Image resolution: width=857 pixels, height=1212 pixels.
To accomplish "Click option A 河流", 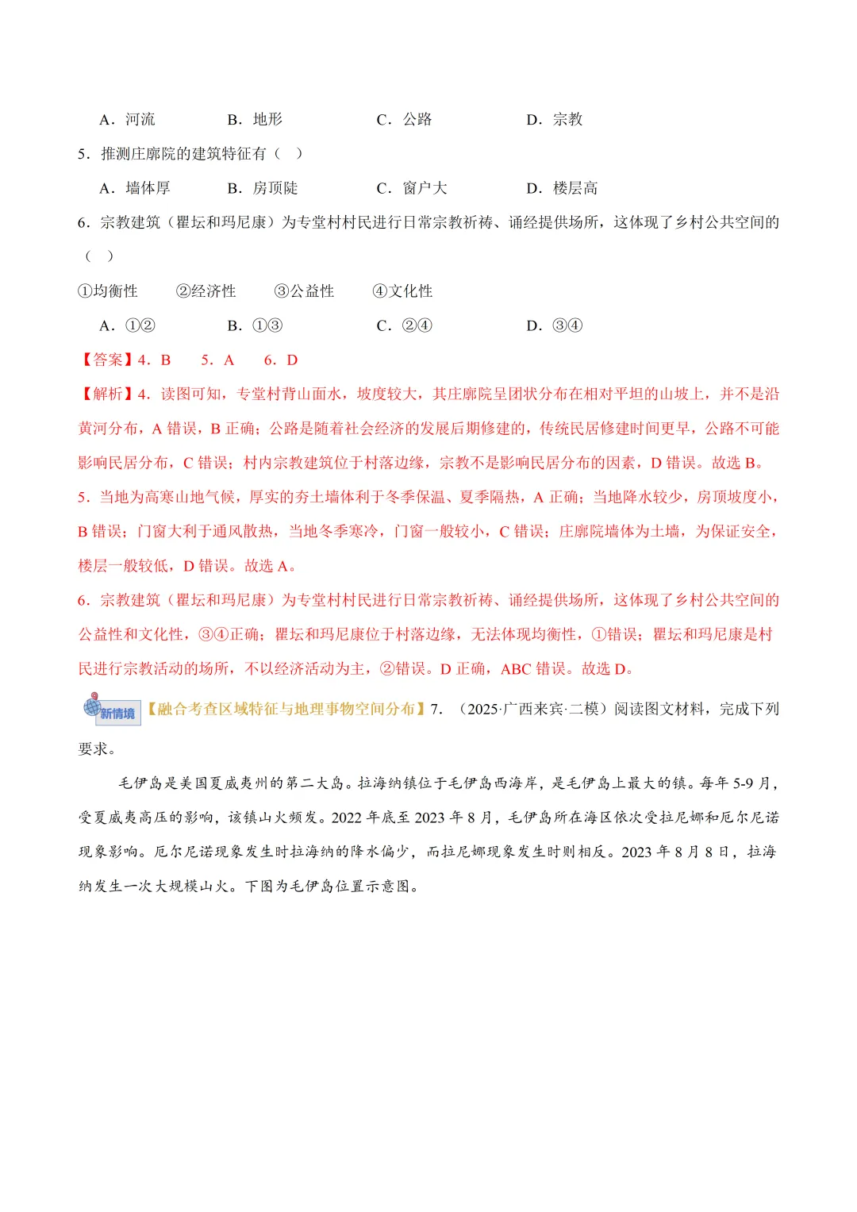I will point(128,120).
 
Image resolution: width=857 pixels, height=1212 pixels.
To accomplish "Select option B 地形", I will point(255,120).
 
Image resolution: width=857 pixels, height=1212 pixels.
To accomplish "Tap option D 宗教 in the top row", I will point(555,120).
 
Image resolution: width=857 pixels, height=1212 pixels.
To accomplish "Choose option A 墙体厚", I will point(135,188).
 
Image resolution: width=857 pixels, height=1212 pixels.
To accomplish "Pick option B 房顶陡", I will point(263,188).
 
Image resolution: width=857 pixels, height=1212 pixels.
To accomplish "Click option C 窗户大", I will point(412,188).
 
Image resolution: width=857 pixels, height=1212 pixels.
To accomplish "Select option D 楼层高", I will point(562,188).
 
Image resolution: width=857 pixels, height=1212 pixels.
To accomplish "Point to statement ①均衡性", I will point(108,291).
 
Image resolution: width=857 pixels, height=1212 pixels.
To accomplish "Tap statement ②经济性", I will point(206,291).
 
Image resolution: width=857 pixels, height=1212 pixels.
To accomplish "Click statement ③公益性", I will point(305,291).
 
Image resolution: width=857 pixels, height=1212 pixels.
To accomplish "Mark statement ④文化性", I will point(403,291).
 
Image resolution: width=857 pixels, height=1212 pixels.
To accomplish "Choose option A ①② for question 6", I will point(128,325).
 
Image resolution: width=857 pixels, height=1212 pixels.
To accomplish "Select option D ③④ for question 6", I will point(555,325).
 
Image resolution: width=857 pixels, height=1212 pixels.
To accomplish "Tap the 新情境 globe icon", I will point(110,709).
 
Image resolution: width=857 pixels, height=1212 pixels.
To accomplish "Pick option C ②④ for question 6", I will point(405,325).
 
